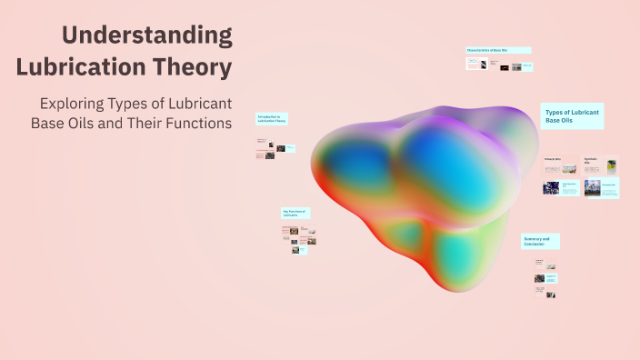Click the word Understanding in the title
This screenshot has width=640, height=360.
[x=146, y=36]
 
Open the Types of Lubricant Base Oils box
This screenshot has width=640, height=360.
[x=572, y=115]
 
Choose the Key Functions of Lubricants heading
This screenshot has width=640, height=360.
[x=296, y=213]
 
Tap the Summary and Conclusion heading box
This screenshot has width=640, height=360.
[x=540, y=241]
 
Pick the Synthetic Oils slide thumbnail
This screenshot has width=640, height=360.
[x=600, y=165]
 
